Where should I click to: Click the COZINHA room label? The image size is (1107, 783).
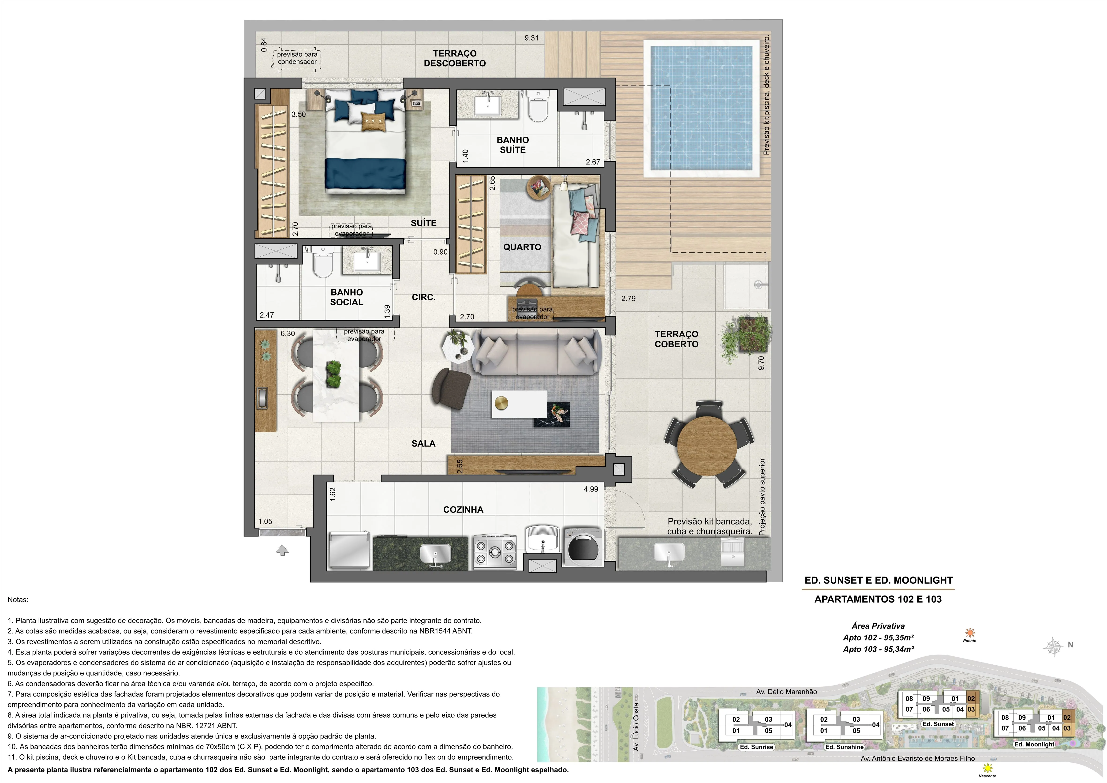pyautogui.click(x=463, y=510)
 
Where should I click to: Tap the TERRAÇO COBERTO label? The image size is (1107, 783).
pyautogui.click(x=677, y=339)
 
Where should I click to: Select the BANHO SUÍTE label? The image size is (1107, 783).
pyautogui.click(x=512, y=145)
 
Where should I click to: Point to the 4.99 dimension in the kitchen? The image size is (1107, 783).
pyautogui.click(x=591, y=489)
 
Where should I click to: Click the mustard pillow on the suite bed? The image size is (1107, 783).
pyautogui.click(x=374, y=121)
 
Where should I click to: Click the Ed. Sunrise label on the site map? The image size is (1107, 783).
pyautogui.click(x=756, y=747)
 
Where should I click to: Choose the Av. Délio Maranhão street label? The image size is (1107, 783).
pyautogui.click(x=786, y=691)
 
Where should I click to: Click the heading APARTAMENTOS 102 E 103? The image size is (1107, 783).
pyautogui.click(x=878, y=599)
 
